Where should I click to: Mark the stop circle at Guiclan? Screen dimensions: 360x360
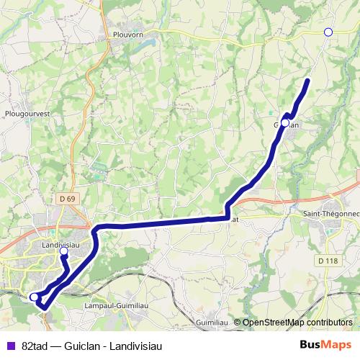point(285,123)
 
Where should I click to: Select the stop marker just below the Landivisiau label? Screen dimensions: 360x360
point(63,252)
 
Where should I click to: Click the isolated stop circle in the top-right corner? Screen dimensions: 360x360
point(328,32)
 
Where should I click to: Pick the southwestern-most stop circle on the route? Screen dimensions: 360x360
point(34,296)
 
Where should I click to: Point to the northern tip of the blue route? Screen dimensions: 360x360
point(307,80)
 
